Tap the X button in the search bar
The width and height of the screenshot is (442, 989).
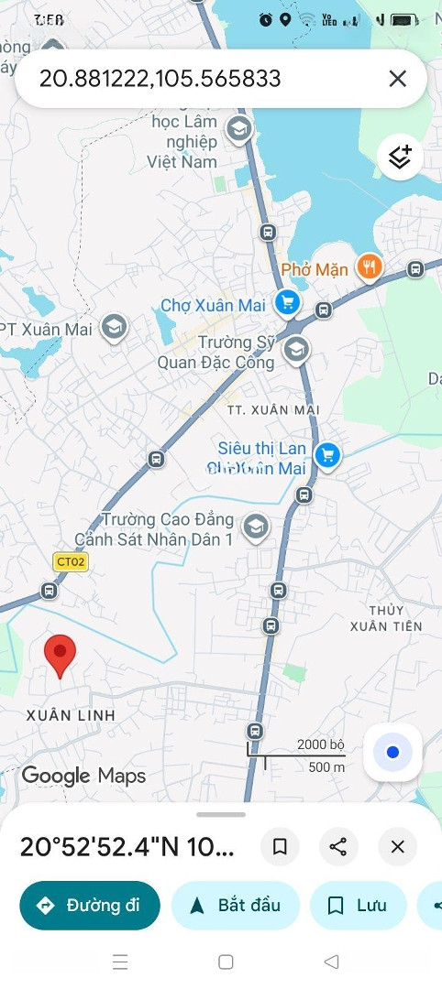[x=397, y=79]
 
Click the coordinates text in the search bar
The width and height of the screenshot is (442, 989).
[x=160, y=79]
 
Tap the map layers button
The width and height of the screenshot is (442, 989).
[x=400, y=158]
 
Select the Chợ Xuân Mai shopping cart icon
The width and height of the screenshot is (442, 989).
[x=288, y=301]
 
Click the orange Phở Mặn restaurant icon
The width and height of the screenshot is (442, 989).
[x=370, y=266]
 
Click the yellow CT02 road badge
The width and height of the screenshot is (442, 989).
[x=70, y=562]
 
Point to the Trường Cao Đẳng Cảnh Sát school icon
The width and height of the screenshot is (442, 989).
[x=256, y=527]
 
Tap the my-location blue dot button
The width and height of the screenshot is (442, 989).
[x=392, y=753]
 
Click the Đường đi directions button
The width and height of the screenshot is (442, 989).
[x=90, y=906]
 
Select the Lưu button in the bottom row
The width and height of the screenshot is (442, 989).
[x=358, y=906]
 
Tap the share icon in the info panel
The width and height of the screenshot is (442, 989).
[x=338, y=847]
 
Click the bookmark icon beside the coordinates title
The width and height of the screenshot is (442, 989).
[x=280, y=847]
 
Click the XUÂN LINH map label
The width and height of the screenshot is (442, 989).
[x=71, y=714]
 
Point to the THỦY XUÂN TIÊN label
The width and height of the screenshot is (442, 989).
[x=386, y=618]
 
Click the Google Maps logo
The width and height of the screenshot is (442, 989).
[x=83, y=776]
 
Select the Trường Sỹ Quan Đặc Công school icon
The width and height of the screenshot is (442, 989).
[x=295, y=349]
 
